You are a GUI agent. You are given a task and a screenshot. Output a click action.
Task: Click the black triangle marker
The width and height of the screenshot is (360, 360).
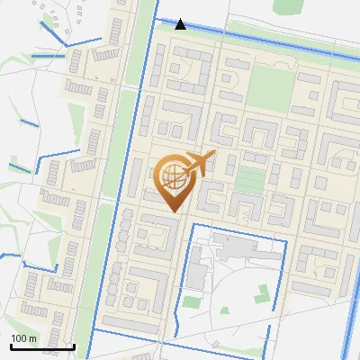(181, 23)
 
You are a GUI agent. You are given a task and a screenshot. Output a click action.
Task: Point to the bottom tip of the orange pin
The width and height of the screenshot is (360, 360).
(170, 212)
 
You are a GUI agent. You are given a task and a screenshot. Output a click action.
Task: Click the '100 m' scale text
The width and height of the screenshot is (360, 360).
(23, 338)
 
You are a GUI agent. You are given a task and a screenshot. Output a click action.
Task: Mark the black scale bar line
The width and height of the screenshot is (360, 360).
(41, 346)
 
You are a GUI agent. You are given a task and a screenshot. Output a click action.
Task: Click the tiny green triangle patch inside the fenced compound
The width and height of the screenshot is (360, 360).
(223, 310)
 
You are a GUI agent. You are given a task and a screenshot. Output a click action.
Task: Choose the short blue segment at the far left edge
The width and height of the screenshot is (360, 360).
(11, 255)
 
